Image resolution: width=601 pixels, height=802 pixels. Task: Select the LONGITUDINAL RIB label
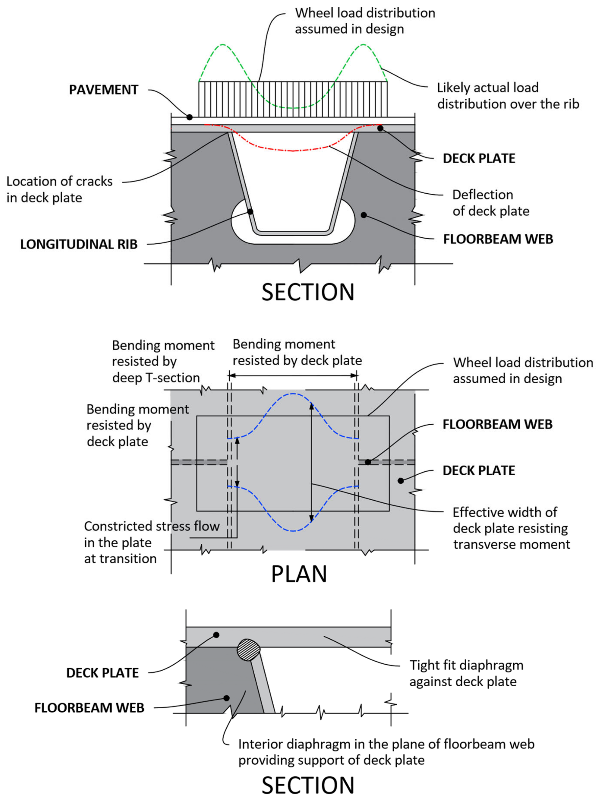point(79,244)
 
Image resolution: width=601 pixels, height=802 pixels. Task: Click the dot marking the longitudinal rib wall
point(250,211)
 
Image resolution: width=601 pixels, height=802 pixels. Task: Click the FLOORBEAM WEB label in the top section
point(498,239)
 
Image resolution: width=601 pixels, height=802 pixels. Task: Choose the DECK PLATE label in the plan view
point(479,471)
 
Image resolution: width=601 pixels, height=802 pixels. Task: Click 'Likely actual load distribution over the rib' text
point(507,96)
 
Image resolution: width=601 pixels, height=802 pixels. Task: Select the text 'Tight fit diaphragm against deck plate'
point(466,673)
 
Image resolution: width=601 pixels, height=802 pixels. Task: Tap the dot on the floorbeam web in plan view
point(368,462)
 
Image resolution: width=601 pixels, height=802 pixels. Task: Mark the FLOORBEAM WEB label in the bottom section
point(89,708)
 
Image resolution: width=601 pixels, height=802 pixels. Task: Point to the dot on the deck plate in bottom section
point(216,635)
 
